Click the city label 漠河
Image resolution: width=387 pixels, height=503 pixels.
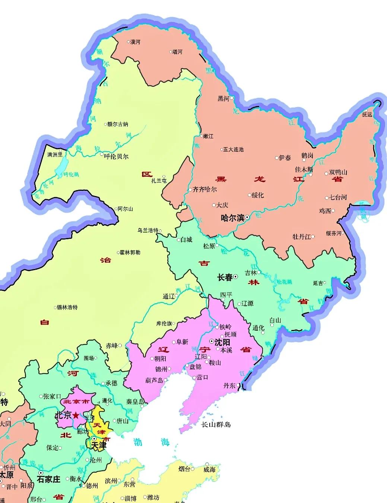[135, 42]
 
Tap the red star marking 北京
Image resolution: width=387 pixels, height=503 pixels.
[76, 415]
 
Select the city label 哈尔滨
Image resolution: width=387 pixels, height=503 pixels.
[232, 218]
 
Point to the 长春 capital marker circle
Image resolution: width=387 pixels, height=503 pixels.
[236, 277]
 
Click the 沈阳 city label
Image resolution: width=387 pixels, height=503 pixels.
[223, 342]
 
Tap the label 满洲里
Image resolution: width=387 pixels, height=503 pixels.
[55, 154]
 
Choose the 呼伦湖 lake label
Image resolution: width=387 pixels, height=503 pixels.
[71, 174]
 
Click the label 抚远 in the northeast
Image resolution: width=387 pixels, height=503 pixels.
[367, 114]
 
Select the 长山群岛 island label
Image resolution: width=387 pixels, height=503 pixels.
[216, 424]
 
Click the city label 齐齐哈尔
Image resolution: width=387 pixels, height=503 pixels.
[205, 189]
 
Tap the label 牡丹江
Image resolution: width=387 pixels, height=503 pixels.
[302, 237]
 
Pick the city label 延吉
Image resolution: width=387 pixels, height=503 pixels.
[318, 283]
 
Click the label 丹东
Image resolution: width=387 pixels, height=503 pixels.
[229, 386]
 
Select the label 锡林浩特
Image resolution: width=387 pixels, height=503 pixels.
[67, 307]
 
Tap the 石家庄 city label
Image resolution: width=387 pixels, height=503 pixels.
[49, 479]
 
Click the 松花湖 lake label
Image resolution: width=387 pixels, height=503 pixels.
[284, 282]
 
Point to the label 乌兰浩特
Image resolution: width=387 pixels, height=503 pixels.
[148, 230]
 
